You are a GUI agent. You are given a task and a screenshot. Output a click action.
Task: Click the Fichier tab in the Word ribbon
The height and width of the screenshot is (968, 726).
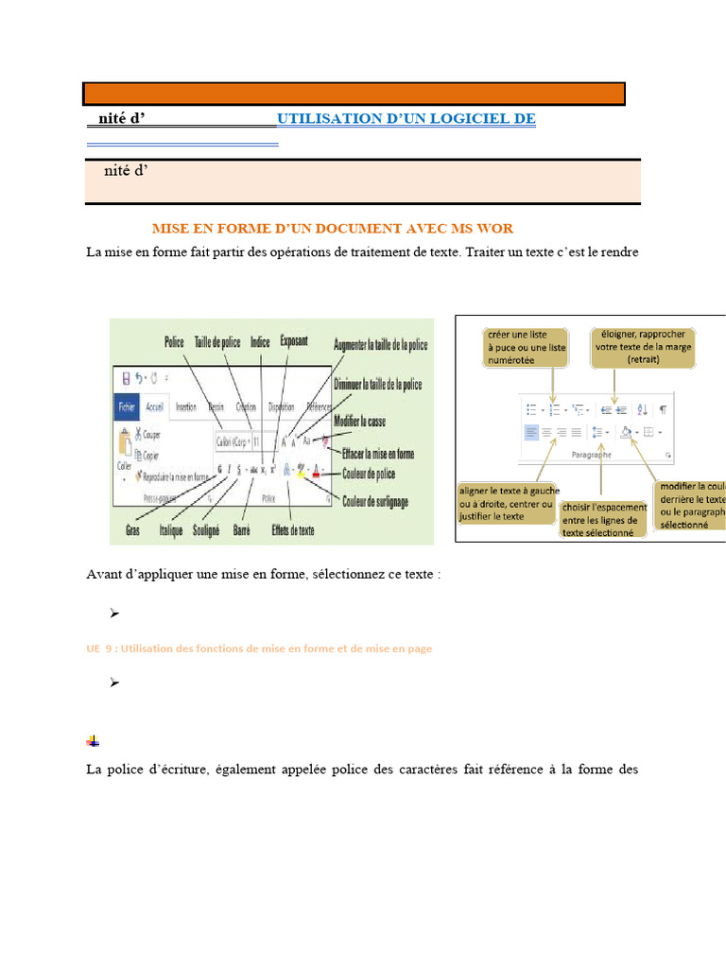click(127, 407)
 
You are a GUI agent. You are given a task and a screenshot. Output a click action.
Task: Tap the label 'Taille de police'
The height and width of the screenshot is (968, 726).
click(217, 342)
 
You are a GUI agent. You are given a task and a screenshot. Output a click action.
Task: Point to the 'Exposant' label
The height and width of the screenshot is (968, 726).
click(293, 339)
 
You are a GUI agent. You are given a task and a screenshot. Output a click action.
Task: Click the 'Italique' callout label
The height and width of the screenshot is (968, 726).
click(171, 531)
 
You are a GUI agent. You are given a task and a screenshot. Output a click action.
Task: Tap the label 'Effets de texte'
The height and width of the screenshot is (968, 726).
click(293, 530)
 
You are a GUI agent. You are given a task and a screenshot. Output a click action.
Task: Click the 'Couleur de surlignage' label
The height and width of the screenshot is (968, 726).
click(376, 502)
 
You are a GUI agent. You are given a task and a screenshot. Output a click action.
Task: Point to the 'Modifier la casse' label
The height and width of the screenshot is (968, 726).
click(359, 420)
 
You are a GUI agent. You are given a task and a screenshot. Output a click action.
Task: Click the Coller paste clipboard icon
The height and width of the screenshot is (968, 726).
click(122, 444)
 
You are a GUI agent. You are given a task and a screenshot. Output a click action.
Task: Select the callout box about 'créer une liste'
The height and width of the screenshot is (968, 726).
click(527, 347)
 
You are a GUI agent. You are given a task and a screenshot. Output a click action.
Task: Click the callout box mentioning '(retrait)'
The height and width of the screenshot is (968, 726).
click(643, 347)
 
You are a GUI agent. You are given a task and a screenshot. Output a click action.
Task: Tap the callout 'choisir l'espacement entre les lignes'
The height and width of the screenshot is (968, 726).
click(605, 519)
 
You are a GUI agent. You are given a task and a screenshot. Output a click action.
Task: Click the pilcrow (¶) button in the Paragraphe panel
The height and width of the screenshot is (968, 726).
click(663, 409)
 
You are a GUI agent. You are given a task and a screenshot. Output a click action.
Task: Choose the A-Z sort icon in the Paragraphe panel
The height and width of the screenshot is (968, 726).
click(643, 409)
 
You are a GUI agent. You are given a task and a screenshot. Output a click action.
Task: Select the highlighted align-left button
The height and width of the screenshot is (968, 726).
click(530, 432)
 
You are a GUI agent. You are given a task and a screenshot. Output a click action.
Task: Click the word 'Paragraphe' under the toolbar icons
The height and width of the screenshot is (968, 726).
click(592, 455)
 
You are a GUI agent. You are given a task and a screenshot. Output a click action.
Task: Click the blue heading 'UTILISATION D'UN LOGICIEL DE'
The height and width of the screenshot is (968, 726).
click(406, 119)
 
